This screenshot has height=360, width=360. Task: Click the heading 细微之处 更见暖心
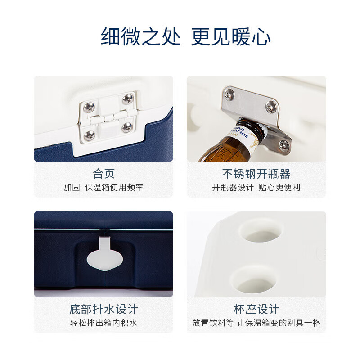(x=186, y=37)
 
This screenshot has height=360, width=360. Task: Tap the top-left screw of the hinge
(x=89, y=107)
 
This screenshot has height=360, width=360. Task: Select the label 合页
(x=103, y=173)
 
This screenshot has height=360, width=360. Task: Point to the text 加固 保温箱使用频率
(x=103, y=187)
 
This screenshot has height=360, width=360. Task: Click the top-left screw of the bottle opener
(x=229, y=94)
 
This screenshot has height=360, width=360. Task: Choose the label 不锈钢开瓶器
(x=256, y=173)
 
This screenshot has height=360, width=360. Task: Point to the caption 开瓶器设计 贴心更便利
(x=256, y=187)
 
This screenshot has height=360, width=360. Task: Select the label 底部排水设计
(x=103, y=309)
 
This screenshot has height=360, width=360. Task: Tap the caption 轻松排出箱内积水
(x=103, y=323)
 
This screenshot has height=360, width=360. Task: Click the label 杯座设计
(x=256, y=309)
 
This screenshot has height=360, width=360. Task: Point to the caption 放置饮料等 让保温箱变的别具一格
(x=256, y=323)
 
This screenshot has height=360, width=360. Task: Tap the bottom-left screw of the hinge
(x=89, y=134)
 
